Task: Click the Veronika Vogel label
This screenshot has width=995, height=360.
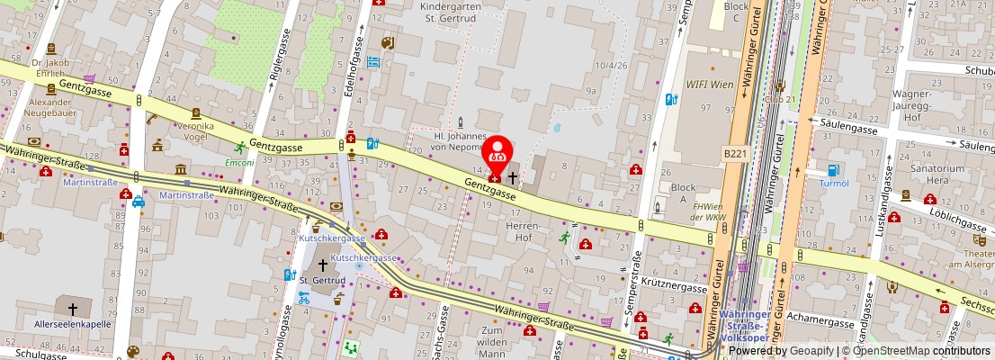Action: pos(195,131)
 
